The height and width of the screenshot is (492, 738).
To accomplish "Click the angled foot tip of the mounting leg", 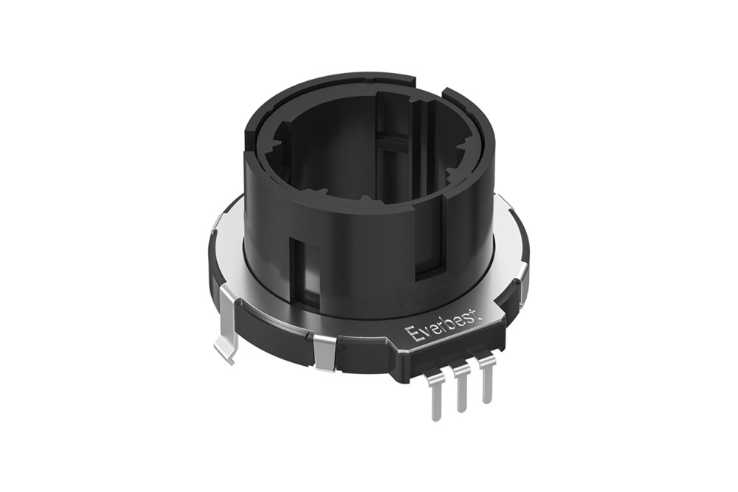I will click(222, 352).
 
